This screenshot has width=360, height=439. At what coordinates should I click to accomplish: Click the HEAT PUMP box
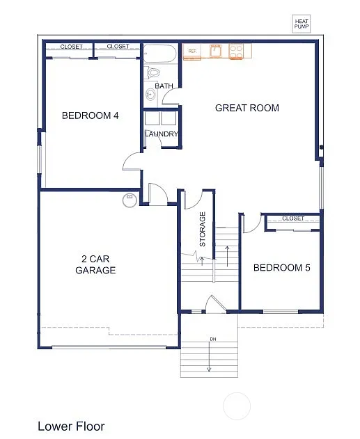[302, 24]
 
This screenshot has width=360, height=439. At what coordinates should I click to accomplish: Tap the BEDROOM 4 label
[90, 115]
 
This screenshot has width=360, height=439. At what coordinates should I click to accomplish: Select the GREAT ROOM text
[246, 108]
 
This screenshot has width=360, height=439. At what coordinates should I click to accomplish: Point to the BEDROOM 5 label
[281, 268]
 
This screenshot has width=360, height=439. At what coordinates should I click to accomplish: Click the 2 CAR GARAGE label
[95, 265]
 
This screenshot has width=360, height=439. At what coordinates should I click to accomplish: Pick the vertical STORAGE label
[203, 229]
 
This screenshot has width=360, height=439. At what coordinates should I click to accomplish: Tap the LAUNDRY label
[162, 134]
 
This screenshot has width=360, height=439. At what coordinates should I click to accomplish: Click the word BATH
[164, 86]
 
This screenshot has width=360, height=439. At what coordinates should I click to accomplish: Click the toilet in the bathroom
[153, 72]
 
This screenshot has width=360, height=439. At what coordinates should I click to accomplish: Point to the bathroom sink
[150, 94]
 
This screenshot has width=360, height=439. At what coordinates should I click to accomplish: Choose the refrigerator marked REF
[193, 51]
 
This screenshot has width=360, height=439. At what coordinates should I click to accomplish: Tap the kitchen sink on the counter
[216, 51]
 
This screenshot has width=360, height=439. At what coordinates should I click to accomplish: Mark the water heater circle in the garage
[128, 200]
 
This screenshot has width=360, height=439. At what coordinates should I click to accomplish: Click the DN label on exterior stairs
[209, 340]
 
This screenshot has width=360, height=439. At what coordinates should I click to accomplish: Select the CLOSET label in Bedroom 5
[293, 218]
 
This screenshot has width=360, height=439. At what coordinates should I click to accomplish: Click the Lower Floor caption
[71, 426]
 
